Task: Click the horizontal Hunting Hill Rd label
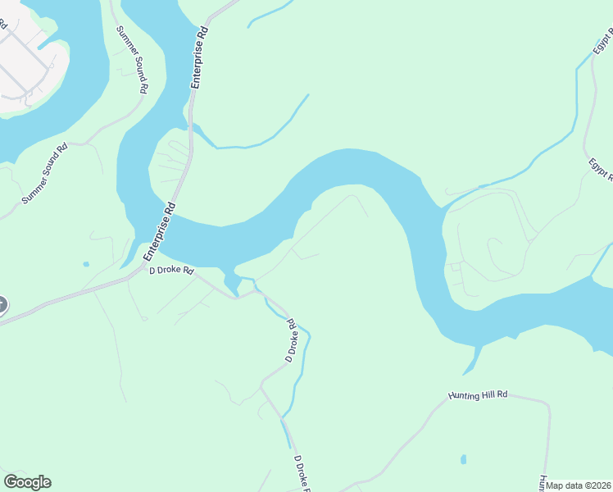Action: pyautogui.click(x=478, y=394)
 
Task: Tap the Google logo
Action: pyautogui.click(x=27, y=482)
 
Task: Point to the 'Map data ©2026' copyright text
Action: pyautogui.click(x=579, y=485)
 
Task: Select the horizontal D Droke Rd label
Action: pyautogui.click(x=170, y=270)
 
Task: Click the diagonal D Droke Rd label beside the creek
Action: pyautogui.click(x=290, y=341)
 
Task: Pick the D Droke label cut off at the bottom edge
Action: pyautogui.click(x=302, y=475)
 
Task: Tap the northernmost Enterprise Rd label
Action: pyautogui.click(x=199, y=57)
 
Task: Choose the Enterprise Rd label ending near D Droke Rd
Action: pyautogui.click(x=161, y=232)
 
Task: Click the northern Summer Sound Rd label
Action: pyautogui.click(x=131, y=59)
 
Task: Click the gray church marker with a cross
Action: pyautogui.click(x=2, y=305)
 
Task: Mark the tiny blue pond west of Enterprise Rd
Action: pyautogui.click(x=86, y=264)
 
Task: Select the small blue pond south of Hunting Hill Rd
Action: pyautogui.click(x=463, y=459)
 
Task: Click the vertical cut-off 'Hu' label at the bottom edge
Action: pyautogui.click(x=543, y=483)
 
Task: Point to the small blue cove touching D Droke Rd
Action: pyautogui.click(x=232, y=284)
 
